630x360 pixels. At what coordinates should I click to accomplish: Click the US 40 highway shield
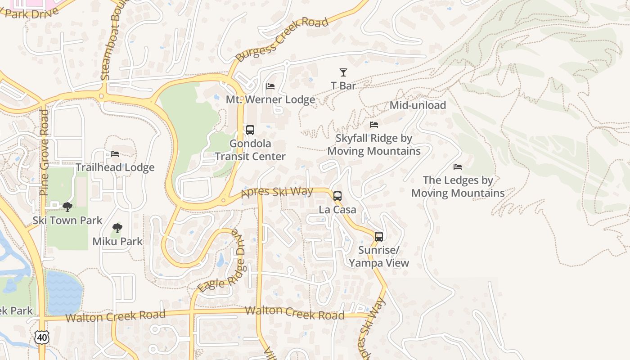pyautogui.click(x=41, y=337)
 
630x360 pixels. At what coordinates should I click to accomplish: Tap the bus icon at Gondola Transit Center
pyautogui.click(x=250, y=130)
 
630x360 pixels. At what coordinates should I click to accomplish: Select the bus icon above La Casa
pyautogui.click(x=337, y=196)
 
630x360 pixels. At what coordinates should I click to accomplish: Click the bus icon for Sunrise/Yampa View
pyautogui.click(x=379, y=237)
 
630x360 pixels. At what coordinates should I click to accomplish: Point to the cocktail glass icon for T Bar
pyautogui.click(x=343, y=72)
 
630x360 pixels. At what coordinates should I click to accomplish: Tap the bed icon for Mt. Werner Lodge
pyautogui.click(x=270, y=86)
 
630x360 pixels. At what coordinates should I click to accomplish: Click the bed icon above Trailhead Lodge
pyautogui.click(x=115, y=154)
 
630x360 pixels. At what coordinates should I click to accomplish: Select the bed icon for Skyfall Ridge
pyautogui.click(x=374, y=125)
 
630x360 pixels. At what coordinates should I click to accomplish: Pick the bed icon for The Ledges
pyautogui.click(x=458, y=167)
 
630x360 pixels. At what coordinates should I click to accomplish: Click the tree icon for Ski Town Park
pyautogui.click(x=67, y=207)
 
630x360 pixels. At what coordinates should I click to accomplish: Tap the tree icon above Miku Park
pyautogui.click(x=117, y=228)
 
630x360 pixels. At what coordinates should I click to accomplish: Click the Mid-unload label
pyautogui.click(x=418, y=105)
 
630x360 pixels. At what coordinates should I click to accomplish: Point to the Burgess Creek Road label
pyautogui.click(x=282, y=39)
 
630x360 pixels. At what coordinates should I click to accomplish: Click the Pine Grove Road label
pyautogui.click(x=44, y=153)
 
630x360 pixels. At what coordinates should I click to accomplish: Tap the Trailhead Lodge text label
pyautogui.click(x=115, y=167)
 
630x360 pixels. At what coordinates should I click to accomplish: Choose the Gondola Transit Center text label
pyautogui.click(x=250, y=150)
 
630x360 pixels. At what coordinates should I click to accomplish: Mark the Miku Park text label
pyautogui.click(x=117, y=242)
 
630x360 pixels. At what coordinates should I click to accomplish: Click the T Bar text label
pyautogui.click(x=343, y=86)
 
